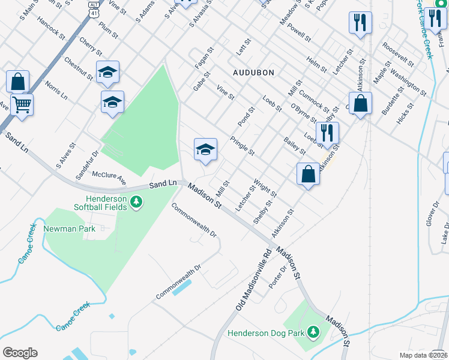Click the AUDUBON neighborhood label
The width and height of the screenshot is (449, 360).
[253, 73]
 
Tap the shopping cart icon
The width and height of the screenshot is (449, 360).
[22, 106]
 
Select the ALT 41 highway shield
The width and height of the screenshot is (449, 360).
[94, 5]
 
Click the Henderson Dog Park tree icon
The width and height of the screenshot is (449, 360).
[312, 332]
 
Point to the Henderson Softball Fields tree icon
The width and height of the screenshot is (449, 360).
[137, 202]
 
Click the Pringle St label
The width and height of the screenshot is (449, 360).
[243, 145]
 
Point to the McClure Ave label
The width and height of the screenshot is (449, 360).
[109, 178]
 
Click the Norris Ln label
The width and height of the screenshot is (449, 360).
[55, 91]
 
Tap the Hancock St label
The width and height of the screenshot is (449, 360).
[50, 27]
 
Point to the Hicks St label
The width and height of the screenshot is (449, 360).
[405, 113]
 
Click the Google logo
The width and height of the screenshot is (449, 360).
[20, 352]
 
